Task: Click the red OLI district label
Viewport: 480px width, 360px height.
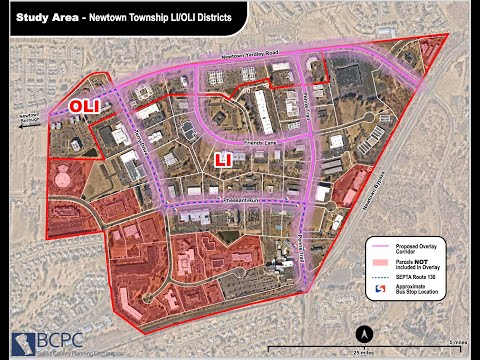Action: click(x=83, y=105)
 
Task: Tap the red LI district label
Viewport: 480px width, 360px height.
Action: click(x=226, y=158)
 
